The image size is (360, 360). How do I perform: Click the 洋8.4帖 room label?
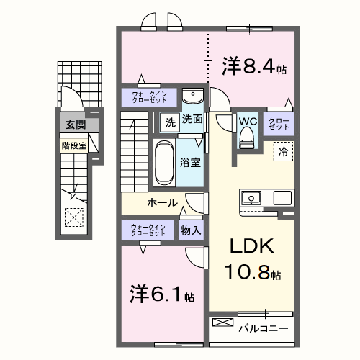pos(254,68)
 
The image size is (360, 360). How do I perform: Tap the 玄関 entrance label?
pos(74,125)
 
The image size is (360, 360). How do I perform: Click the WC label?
pos(247,120)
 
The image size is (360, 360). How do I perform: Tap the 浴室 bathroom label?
pos(191,163)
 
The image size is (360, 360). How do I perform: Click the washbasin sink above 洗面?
pos(192,97)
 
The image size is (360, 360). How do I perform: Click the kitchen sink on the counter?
pos(253,197)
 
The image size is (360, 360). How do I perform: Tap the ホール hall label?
pos(162,202)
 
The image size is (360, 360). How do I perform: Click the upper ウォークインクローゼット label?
pos(148,96)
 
